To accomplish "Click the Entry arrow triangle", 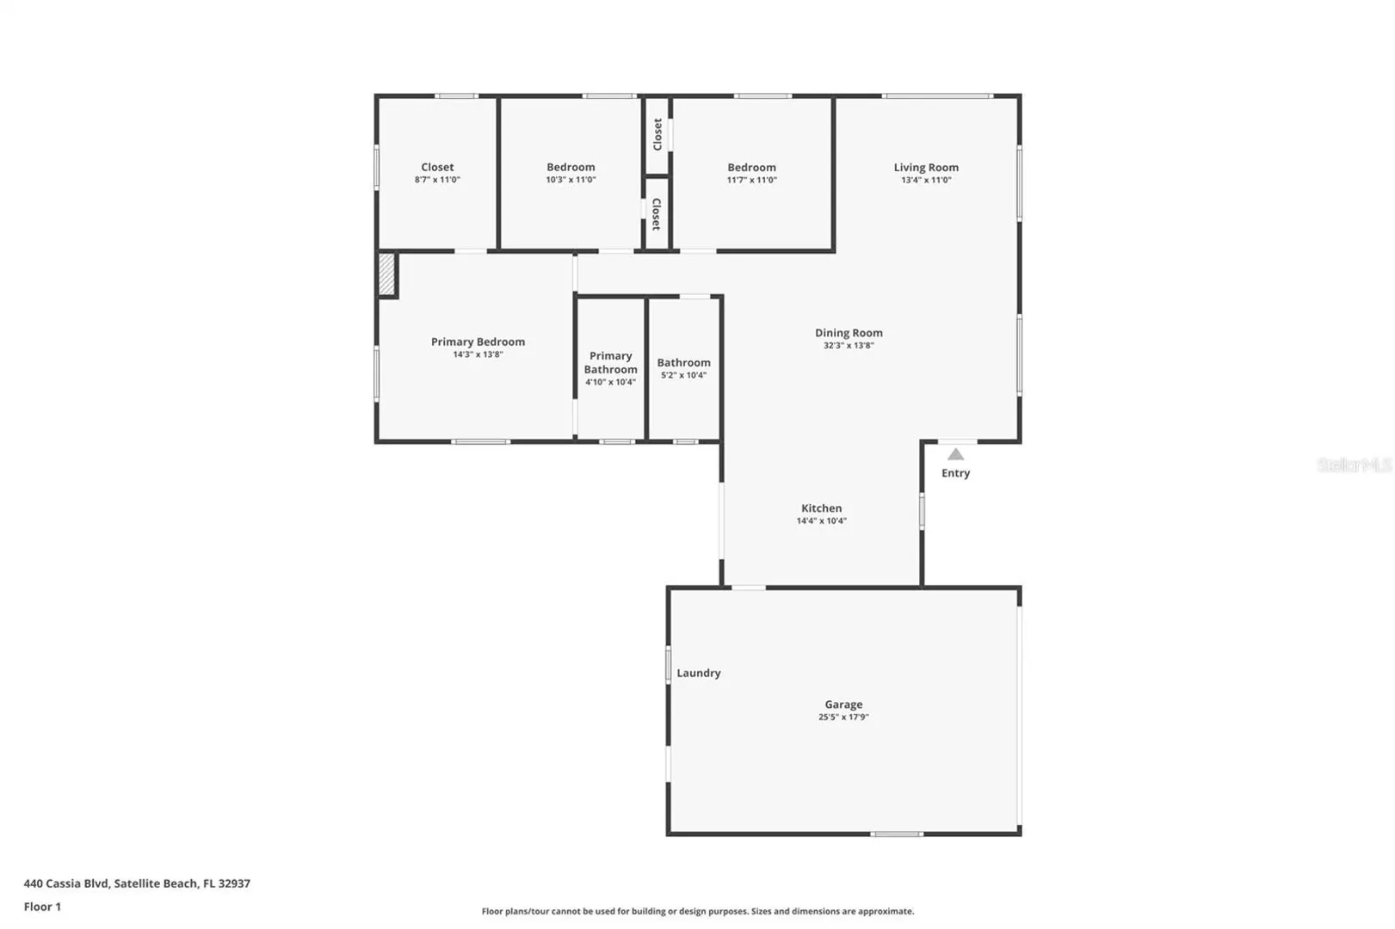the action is click(x=955, y=454).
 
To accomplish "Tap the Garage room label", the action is click(x=843, y=704).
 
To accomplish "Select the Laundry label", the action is click(x=699, y=673).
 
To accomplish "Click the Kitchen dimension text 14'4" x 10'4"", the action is click(x=822, y=520).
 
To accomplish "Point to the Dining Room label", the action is click(x=849, y=333).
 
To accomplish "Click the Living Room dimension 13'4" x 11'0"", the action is click(x=926, y=180).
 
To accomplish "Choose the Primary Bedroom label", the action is click(x=478, y=341).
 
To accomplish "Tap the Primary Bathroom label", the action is click(x=610, y=362).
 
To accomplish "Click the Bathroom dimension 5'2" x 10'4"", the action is click(x=684, y=375).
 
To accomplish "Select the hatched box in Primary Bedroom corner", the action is click(x=386, y=274).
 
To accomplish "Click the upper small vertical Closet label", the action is click(x=657, y=134).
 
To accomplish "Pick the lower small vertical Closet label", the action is click(x=656, y=214).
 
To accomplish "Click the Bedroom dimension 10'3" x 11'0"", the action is click(x=571, y=180).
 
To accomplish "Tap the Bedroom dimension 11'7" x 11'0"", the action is click(x=751, y=180).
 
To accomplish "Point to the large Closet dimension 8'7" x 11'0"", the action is click(x=437, y=180).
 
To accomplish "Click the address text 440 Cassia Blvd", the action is click(x=66, y=883).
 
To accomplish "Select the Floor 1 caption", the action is click(x=42, y=907).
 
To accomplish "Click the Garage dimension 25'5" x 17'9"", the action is click(x=843, y=717).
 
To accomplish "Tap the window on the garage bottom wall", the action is click(x=896, y=834).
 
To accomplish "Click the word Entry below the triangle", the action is click(x=955, y=473).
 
